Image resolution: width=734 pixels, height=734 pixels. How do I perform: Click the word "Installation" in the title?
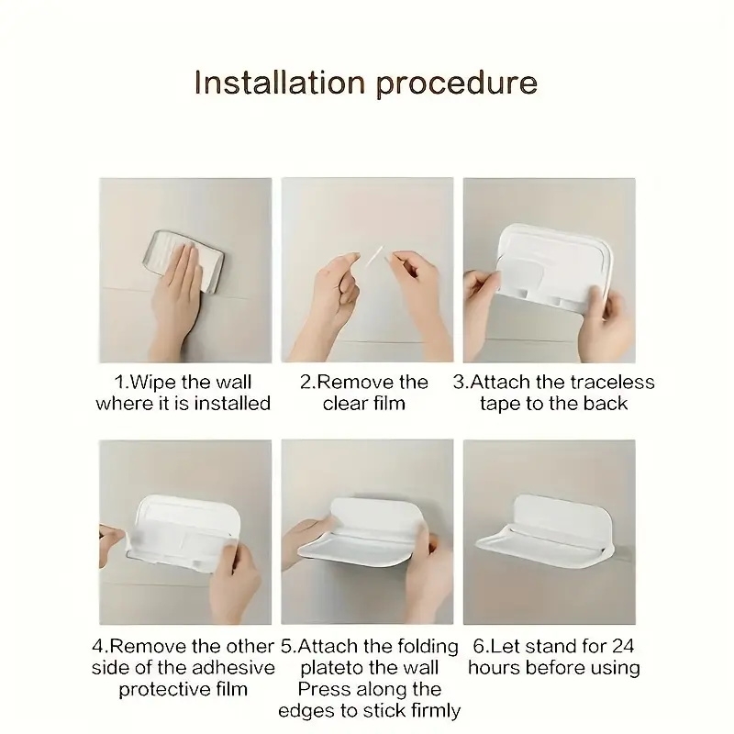(x=280, y=83)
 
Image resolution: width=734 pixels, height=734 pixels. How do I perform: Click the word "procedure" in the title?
(x=456, y=84)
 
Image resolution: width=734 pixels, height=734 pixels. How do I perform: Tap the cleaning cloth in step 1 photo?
(x=183, y=261)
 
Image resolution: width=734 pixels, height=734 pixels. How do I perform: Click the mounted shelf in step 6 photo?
(x=545, y=533)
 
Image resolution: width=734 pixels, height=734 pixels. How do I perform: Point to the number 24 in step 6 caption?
(x=623, y=646)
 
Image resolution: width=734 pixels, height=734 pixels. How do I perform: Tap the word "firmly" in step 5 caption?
(x=436, y=710)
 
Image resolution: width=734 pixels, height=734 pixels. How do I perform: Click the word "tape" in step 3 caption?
(x=500, y=404)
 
